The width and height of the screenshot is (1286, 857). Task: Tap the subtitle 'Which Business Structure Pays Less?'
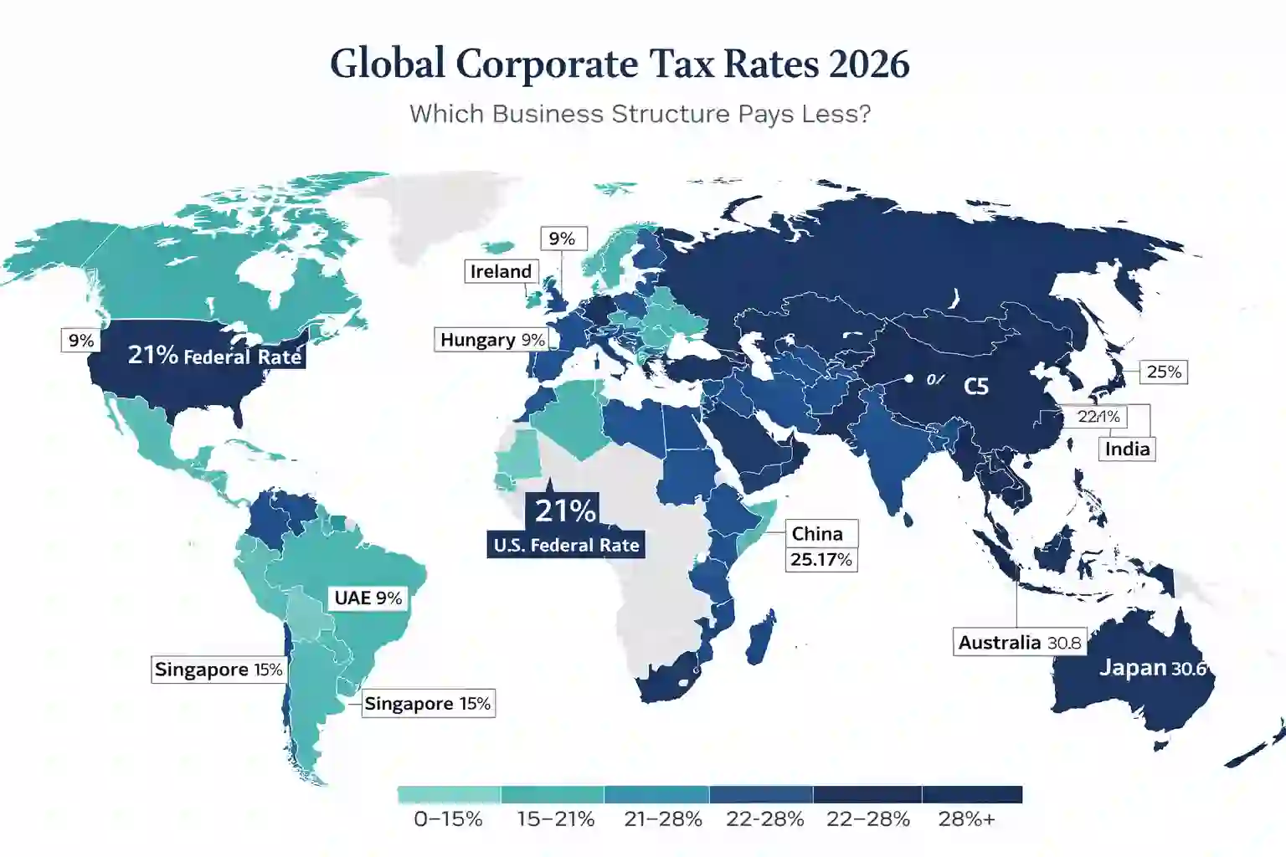click(x=640, y=114)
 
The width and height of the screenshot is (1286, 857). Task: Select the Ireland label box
click(x=501, y=271)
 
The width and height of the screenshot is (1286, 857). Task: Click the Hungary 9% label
click(x=492, y=340)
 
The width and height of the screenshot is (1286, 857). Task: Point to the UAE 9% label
click(x=368, y=598)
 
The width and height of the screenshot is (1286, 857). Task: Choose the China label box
click(x=818, y=534)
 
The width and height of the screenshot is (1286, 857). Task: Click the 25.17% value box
click(x=821, y=559)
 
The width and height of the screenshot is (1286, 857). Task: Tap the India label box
click(x=1127, y=449)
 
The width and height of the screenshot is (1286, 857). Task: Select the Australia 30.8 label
click(x=1020, y=643)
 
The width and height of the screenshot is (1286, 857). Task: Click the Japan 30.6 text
click(x=1152, y=668)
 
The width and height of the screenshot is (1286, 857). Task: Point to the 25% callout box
click(x=1164, y=372)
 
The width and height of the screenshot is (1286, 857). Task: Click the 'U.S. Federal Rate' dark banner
click(x=566, y=545)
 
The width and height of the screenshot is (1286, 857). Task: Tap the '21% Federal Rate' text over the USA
click(x=214, y=356)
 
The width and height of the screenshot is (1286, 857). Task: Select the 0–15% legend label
click(x=448, y=819)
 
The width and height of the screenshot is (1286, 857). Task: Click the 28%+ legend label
click(x=967, y=819)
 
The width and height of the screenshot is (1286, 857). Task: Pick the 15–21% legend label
click(x=556, y=819)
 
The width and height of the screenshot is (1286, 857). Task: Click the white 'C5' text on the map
click(x=976, y=386)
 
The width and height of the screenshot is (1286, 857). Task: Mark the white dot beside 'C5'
click(x=908, y=379)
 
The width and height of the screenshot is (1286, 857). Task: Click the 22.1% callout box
click(x=1098, y=417)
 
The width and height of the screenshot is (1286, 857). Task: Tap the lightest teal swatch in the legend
click(x=449, y=794)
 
